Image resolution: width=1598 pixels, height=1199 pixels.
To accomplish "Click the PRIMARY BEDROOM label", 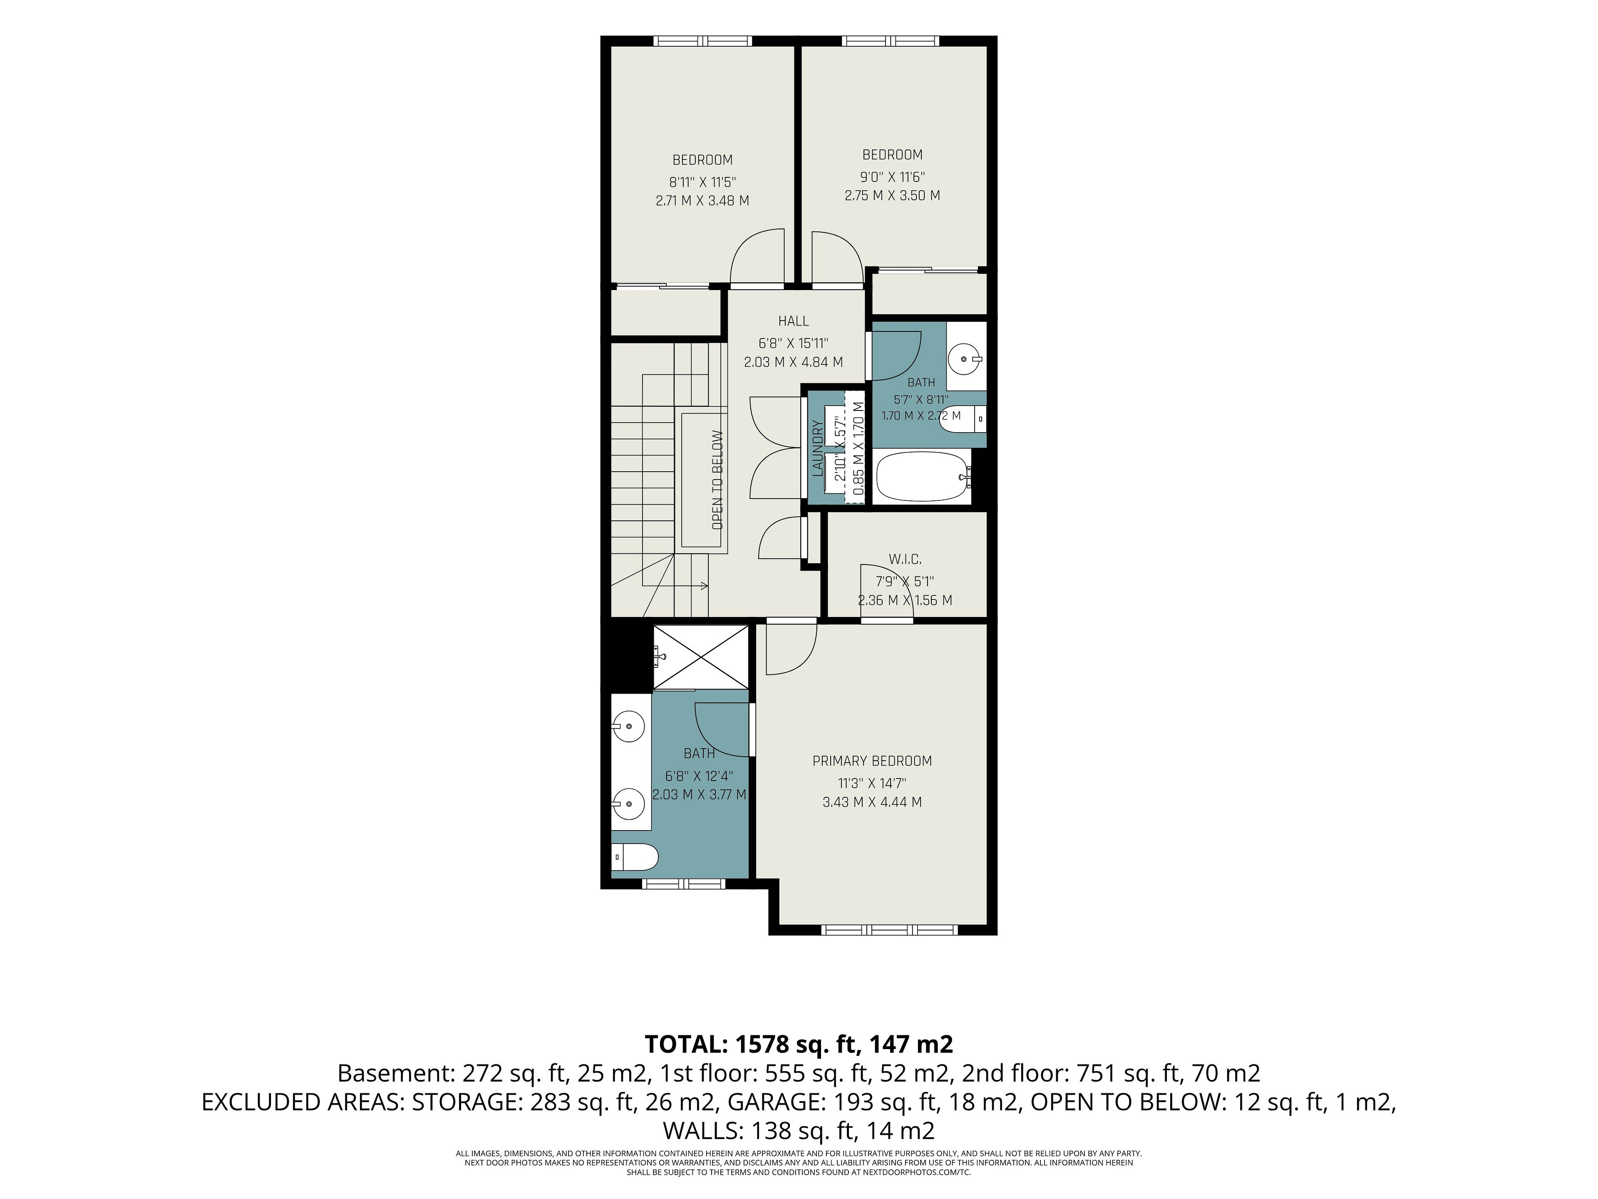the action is coord(872,761).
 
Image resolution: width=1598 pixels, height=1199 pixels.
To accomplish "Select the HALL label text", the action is coord(793,321).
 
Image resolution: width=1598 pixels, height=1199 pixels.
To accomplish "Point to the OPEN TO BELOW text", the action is coord(717,480).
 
